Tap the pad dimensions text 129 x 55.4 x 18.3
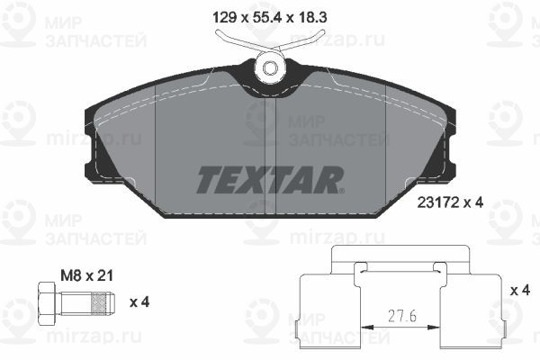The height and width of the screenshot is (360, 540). [270, 17]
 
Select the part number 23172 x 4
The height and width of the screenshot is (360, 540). [450, 202]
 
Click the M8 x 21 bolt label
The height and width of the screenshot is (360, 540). [86, 275]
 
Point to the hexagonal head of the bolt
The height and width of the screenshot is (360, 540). [46, 302]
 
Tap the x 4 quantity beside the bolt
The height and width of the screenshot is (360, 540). [139, 302]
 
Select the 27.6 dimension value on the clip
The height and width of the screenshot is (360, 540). [402, 316]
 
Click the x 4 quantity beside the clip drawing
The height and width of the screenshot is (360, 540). [519, 291]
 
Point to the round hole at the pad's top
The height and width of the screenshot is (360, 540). [270, 67]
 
